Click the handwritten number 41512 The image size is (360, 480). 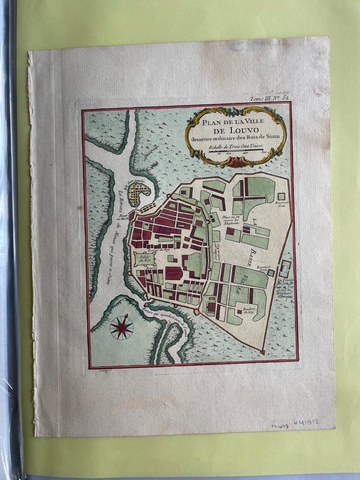point(307,423)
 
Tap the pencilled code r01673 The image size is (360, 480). point(280,426)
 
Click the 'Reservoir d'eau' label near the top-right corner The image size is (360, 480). point(283,204)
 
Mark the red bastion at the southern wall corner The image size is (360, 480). point(262,352)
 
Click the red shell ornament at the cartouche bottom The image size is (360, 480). point(235,164)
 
